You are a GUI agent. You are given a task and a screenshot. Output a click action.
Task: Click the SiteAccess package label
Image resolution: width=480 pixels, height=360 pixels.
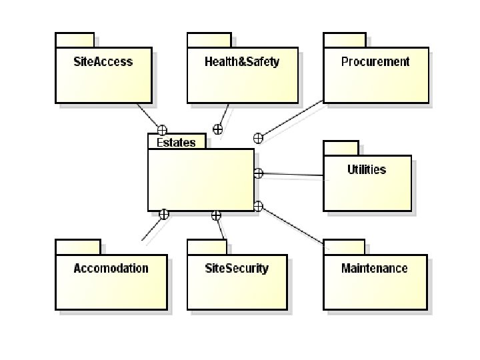pyautogui.click(x=103, y=62)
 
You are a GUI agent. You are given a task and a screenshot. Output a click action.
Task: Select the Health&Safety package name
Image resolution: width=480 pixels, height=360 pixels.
pyautogui.click(x=241, y=62)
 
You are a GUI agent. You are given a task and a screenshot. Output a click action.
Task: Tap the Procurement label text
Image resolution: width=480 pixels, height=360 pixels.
pyautogui.click(x=375, y=62)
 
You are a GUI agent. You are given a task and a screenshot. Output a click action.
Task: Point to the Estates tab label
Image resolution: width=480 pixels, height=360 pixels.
pyautogui.click(x=176, y=142)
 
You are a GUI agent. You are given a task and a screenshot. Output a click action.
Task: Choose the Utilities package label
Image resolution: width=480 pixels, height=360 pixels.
pyautogui.click(x=366, y=169)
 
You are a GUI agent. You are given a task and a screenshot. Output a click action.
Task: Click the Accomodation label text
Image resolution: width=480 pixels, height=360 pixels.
pyautogui.click(x=111, y=269)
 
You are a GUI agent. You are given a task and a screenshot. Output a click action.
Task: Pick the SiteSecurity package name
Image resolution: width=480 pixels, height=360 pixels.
pyautogui.click(x=237, y=269)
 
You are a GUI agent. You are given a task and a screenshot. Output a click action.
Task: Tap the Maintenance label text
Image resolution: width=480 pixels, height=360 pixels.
pyautogui.click(x=374, y=269)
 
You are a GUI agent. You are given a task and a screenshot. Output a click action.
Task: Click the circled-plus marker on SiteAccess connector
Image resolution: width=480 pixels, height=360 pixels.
pyautogui.click(x=161, y=129)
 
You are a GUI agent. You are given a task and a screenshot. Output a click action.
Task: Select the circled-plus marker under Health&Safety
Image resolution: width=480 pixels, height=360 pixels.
pyautogui.click(x=217, y=129)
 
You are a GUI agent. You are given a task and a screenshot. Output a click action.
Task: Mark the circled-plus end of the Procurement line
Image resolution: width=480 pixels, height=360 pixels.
pyautogui.click(x=258, y=139)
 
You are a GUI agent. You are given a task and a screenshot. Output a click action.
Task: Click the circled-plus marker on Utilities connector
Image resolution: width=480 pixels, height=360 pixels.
pyautogui.click(x=258, y=173)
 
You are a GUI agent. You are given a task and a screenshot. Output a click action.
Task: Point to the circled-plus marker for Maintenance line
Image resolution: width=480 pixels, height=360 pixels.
pyautogui.click(x=258, y=205)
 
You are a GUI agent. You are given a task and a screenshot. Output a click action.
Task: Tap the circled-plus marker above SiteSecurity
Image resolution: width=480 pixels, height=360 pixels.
pyautogui.click(x=216, y=215)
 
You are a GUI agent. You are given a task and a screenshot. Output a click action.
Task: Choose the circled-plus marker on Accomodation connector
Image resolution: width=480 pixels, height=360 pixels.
pyautogui.click(x=163, y=214)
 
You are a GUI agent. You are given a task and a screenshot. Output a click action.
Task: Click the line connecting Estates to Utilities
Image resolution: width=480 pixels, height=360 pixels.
pyautogui.click(x=293, y=175)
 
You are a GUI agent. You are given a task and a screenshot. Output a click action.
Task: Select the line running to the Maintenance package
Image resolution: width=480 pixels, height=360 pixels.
pyautogui.click(x=293, y=229)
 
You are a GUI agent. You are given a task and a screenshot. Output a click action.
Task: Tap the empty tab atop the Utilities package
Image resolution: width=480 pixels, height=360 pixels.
pyautogui.click(x=341, y=147)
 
